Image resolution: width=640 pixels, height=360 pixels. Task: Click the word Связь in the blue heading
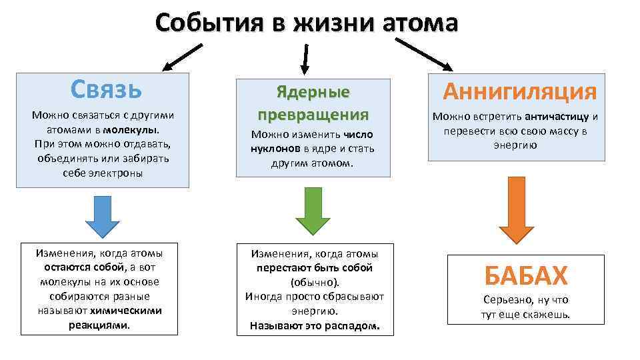(x=106, y=88)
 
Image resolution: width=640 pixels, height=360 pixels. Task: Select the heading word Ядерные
(x=313, y=92)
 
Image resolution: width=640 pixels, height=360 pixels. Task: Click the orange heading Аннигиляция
(x=520, y=91)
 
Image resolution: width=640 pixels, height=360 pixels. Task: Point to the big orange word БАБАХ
(x=526, y=275)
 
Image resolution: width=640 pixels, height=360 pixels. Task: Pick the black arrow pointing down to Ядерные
(x=306, y=58)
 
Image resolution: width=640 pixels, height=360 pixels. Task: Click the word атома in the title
(x=421, y=23)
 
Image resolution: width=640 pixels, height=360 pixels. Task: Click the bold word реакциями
(x=99, y=325)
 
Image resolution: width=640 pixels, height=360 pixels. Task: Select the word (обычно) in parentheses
(x=313, y=282)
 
